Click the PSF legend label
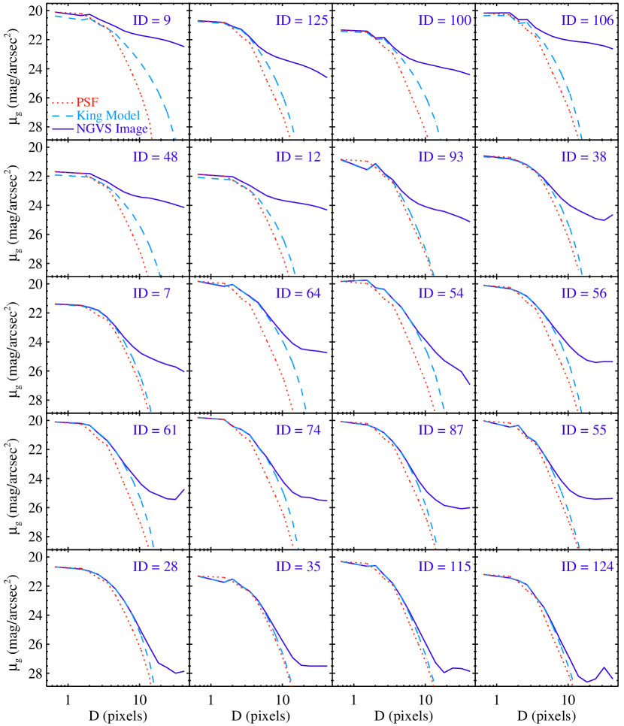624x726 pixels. pyautogui.click(x=87, y=102)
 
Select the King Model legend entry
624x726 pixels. pyautogui.click(x=108, y=116)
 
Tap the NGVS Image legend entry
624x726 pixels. pyautogui.click(x=111, y=129)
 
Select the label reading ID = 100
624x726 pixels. pyautogui.click(x=444, y=20)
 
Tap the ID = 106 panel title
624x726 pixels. pyautogui.click(x=587, y=20)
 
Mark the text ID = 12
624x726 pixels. pyautogui.click(x=298, y=157)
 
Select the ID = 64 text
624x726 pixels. pyautogui.click(x=298, y=293)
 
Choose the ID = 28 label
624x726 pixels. pyautogui.click(x=155, y=567)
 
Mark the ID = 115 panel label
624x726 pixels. pyautogui.click(x=444, y=567)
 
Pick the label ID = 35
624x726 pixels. pyautogui.click(x=298, y=567)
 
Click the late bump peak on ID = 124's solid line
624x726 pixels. pyautogui.click(x=604, y=667)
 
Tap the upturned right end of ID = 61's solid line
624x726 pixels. pyautogui.click(x=183, y=489)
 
